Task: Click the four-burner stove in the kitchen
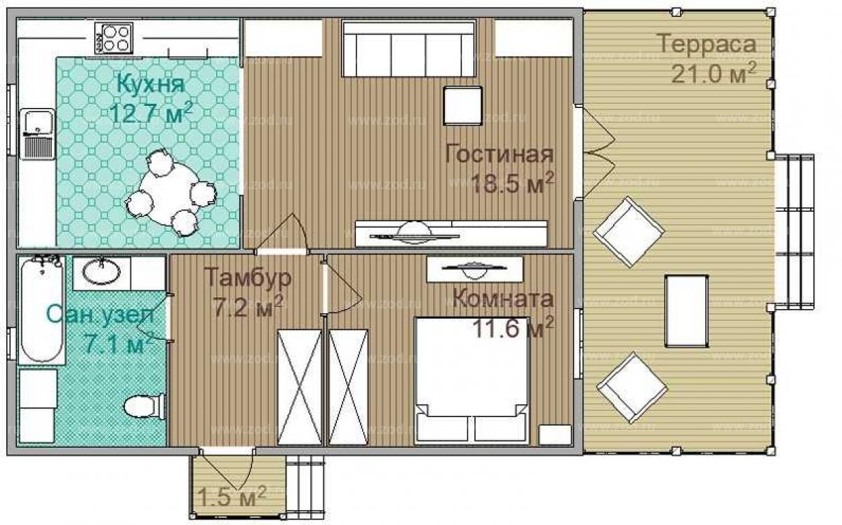click(x=113, y=39)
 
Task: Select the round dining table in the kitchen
click(x=168, y=193)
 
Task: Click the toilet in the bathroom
click(x=145, y=407)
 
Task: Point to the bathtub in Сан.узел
click(x=41, y=310)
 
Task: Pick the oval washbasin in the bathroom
click(x=102, y=271)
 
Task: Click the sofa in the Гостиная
click(x=409, y=49)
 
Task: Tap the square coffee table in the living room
click(x=462, y=106)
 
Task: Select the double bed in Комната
click(x=472, y=381)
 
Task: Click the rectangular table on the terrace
click(x=686, y=311)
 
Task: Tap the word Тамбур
click(x=248, y=278)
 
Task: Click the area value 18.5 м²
click(x=512, y=182)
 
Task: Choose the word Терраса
click(x=707, y=43)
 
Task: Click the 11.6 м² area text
click(x=513, y=327)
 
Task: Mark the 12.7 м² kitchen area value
click(x=152, y=112)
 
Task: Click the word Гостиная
click(x=500, y=154)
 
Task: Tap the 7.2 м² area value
click(x=248, y=306)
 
